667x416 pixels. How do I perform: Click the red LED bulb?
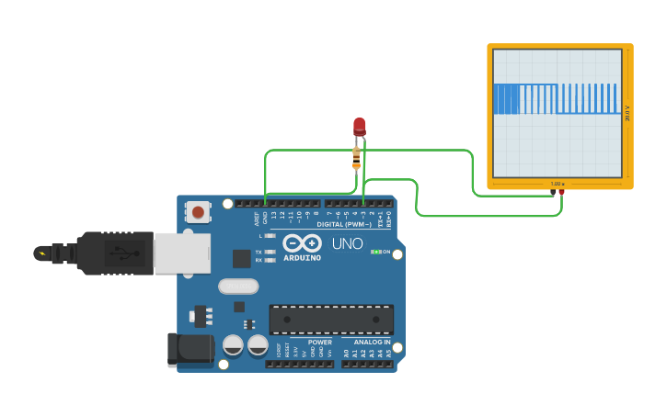pos(359,126)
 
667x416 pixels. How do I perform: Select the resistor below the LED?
pos(356,159)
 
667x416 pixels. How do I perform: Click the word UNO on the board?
pos(347,244)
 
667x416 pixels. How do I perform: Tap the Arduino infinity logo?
pos(302,243)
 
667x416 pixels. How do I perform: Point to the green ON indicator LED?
pos(375,252)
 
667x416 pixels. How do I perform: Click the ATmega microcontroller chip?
pos(331,319)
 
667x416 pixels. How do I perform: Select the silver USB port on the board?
pos(182,253)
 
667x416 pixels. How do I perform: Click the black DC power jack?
pos(190,350)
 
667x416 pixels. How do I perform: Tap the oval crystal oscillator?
pos(238,286)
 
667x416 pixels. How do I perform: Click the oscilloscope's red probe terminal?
pos(561,192)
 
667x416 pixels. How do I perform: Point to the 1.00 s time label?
pos(557,184)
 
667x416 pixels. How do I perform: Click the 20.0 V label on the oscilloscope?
pos(627,111)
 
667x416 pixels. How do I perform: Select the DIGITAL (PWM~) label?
pos(344,224)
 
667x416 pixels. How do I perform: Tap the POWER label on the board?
pos(319,342)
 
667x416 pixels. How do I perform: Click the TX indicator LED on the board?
pos(270,252)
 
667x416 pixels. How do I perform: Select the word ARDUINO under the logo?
pos(302,258)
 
